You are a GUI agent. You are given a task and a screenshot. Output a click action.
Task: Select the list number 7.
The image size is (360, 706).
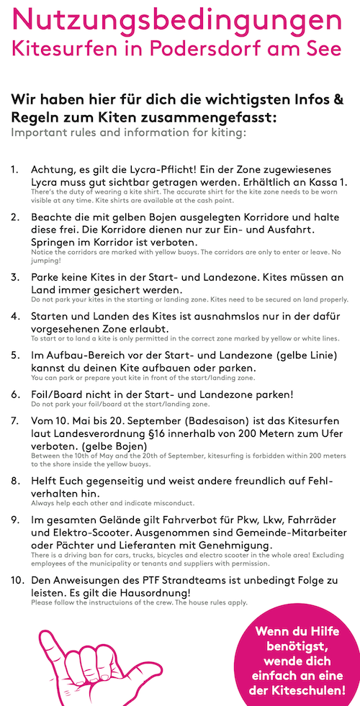[15, 420]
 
